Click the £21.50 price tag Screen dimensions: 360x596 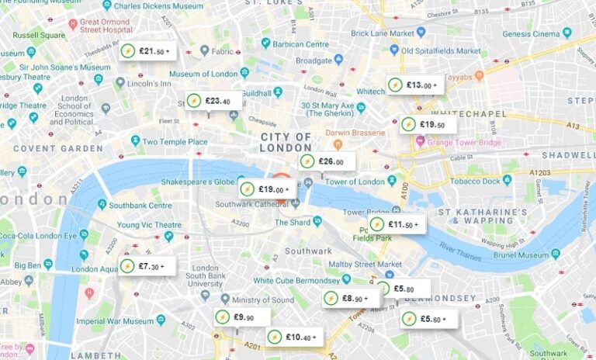[147, 51]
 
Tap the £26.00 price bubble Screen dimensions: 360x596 [327, 161]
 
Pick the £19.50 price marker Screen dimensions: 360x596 [428, 124]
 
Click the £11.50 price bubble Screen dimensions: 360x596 [397, 224]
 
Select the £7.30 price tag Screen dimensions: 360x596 [146, 266]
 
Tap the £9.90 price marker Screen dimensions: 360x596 [242, 317]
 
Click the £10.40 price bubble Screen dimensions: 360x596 [294, 337]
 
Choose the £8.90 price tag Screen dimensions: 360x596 [351, 298]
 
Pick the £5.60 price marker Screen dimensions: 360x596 [428, 318]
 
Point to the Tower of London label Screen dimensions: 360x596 [355, 182]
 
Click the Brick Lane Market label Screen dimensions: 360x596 [383, 33]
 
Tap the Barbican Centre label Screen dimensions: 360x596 [302, 44]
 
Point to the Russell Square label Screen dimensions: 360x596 [38, 35]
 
